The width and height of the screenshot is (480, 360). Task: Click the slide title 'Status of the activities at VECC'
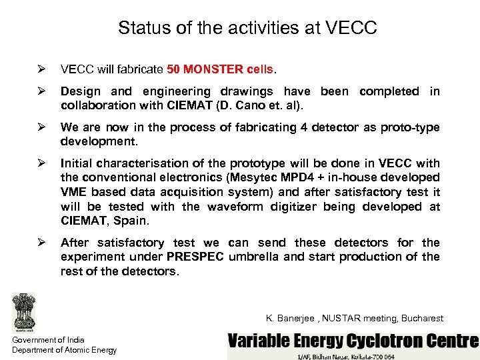pos(247,28)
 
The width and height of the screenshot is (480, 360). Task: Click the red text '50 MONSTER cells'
pos(220,69)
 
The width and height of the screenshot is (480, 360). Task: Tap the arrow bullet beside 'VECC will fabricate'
pos(41,69)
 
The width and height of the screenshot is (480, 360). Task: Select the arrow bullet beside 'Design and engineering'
pos(41,91)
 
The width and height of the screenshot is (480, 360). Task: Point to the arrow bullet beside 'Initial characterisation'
pos(41,163)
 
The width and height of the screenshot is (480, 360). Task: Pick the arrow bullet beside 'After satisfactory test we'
pos(41,243)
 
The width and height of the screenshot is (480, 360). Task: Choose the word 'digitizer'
pos(293,207)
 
